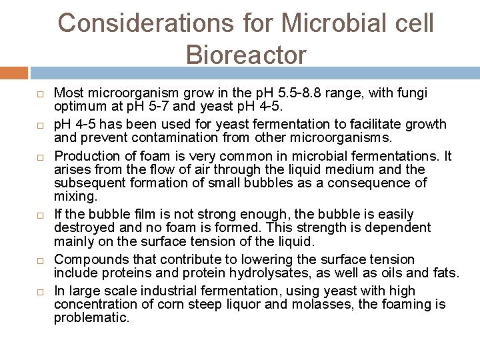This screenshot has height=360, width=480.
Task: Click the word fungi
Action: click(x=413, y=93)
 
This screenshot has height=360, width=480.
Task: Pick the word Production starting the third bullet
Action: click(x=85, y=157)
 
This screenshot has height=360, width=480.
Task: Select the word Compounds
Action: click(x=87, y=259)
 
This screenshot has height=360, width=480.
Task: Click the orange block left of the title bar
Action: click(x=13, y=72)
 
